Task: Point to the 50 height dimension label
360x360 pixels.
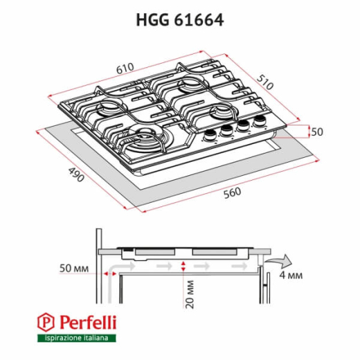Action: point(317,132)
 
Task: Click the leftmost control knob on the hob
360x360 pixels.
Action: point(209,136)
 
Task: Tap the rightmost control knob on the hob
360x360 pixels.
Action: point(260,123)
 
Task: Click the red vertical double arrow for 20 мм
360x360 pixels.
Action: point(183,270)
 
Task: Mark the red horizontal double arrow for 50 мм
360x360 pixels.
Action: point(109,274)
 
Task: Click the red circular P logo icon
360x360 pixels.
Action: point(47,322)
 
